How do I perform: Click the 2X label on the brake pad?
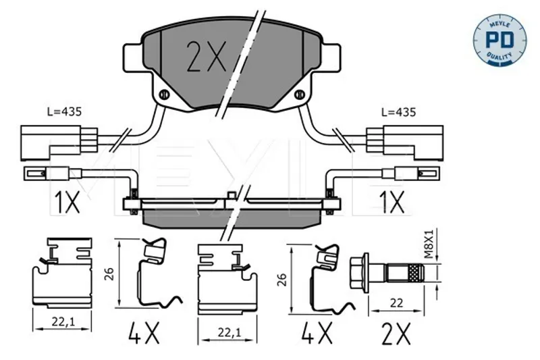click(206, 57)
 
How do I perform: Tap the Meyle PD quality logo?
click(500, 40)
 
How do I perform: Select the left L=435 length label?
click(64, 111)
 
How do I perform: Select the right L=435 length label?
click(399, 112)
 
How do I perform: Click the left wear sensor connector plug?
click(59, 143)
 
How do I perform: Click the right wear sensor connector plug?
click(405, 143)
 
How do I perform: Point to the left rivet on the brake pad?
click(164, 94)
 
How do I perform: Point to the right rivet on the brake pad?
click(300, 94)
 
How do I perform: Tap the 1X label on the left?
click(67, 202)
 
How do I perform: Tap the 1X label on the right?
click(392, 202)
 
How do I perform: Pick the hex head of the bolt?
click(359, 273)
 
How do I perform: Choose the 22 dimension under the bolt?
click(396, 303)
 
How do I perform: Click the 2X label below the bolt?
click(396, 334)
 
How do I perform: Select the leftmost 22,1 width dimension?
click(63, 322)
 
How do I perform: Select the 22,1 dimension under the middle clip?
click(229, 332)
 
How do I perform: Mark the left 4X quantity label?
click(144, 333)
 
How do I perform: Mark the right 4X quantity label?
click(317, 333)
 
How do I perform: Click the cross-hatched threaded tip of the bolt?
click(416, 273)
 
